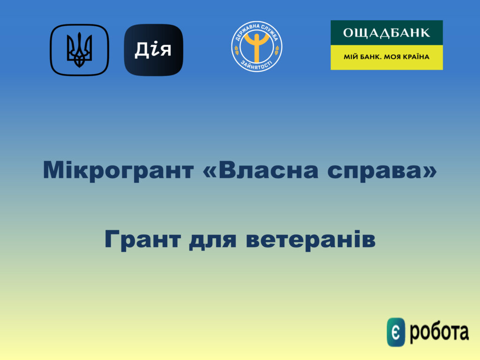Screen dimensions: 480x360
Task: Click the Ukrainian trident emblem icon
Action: point(79,50)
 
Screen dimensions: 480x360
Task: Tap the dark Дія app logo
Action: point(153,50)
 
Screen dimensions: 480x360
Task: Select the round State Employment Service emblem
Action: point(256,46)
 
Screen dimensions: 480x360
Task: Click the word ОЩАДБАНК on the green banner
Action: point(386,33)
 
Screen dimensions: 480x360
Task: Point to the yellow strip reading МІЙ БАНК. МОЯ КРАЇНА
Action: point(387,57)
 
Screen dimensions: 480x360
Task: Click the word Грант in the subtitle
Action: point(142,240)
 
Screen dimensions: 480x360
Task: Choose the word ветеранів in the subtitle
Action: point(311,240)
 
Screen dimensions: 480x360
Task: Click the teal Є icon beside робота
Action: point(396,332)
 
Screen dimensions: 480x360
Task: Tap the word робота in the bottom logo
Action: point(439,332)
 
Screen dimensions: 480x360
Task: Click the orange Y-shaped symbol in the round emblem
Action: point(256,46)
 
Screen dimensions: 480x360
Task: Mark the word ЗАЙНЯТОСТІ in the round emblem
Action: point(256,66)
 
